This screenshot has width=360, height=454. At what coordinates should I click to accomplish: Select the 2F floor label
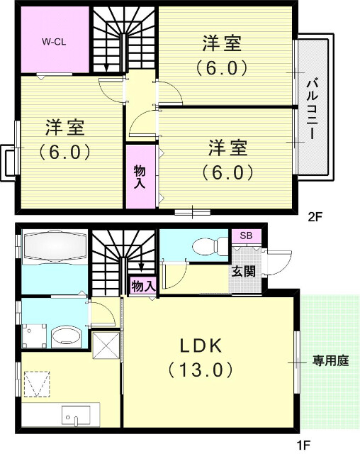pos(315,218)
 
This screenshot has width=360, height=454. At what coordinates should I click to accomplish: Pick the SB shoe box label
pos(246,236)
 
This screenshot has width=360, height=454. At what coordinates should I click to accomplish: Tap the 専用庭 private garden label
pos(331,361)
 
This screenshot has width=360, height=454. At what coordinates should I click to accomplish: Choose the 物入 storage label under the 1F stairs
pos(142,286)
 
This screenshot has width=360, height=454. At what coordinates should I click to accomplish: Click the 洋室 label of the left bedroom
pos(65,127)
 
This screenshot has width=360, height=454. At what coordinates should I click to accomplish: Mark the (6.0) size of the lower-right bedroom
pos(227,172)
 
